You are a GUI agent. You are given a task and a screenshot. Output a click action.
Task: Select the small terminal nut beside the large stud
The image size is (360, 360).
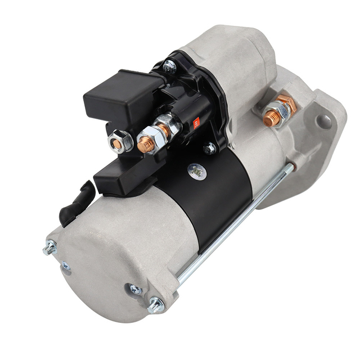(120, 142)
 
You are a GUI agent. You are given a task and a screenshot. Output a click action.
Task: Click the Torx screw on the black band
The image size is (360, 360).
(196, 171)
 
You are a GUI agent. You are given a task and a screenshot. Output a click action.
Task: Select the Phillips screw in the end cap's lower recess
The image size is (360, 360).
(136, 289)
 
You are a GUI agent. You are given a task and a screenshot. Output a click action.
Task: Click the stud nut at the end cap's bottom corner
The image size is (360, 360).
(155, 305)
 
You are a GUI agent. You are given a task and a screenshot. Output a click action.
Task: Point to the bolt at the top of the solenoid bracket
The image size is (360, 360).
(169, 66)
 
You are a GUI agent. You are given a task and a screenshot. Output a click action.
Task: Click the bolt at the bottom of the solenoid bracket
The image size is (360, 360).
(210, 148)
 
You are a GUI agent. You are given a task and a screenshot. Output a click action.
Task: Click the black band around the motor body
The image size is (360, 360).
(219, 191)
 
